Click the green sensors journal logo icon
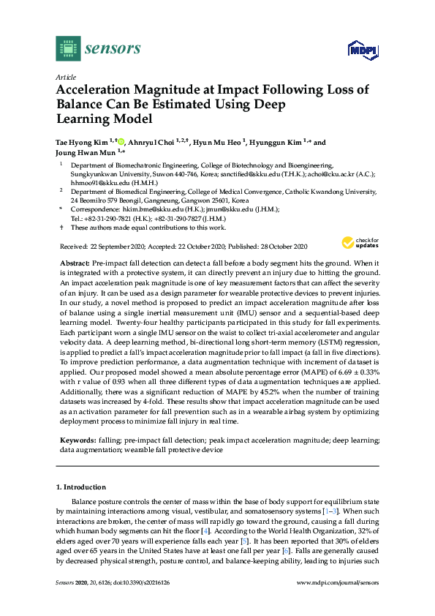point(67,50)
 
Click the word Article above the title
point(66,77)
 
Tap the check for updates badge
point(358,244)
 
